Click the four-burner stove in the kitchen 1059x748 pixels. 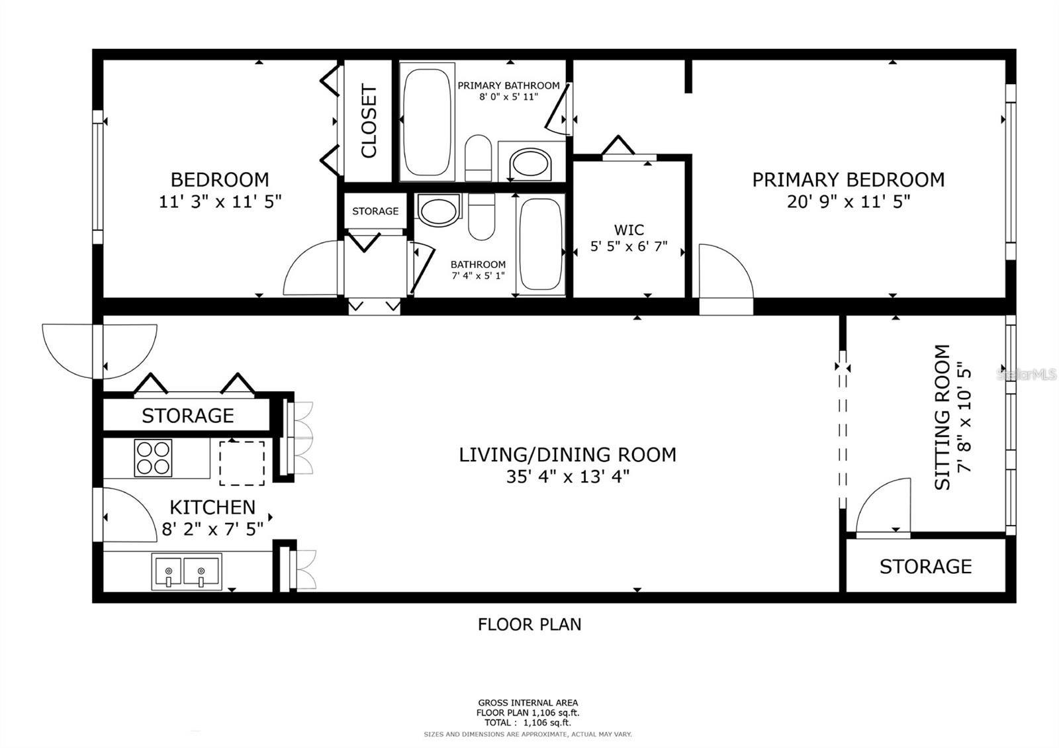153,457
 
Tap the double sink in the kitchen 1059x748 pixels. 186,571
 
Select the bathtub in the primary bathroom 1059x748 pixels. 428,120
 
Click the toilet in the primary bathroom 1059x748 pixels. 477,158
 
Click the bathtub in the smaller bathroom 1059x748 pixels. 540,244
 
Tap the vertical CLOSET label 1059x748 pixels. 369,121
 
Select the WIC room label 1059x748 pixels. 628,230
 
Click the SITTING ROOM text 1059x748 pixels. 942,418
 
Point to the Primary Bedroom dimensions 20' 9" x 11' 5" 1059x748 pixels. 849,201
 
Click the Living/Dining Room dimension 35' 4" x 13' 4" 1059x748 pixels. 567,477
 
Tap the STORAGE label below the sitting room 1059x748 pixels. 925,567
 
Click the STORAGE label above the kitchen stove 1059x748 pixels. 187,416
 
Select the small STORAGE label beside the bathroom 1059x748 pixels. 375,211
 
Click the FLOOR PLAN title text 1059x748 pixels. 529,624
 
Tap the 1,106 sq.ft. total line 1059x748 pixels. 528,723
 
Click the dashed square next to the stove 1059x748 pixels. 242,463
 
